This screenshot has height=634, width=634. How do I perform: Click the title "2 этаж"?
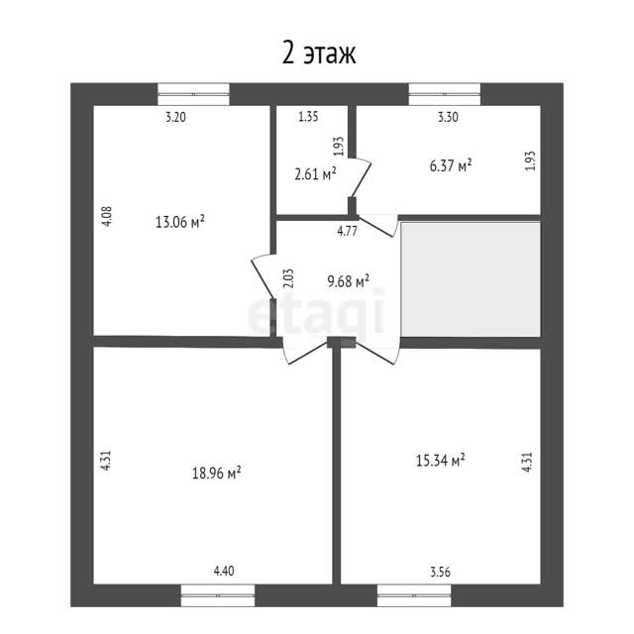point(319,53)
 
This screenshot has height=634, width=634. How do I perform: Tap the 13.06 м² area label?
point(180,222)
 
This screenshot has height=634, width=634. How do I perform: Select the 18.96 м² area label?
point(216,473)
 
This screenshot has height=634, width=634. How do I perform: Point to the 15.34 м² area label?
point(440,460)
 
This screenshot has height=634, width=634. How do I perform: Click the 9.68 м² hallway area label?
point(348,281)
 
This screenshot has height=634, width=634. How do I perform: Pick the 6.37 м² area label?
point(451,165)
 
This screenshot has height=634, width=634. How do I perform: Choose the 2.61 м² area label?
point(315,174)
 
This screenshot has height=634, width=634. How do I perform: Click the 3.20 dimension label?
point(176,117)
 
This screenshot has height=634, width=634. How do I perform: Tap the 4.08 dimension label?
point(106,216)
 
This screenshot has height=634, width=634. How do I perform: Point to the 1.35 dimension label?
point(308,117)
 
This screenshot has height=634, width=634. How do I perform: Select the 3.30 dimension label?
point(448,117)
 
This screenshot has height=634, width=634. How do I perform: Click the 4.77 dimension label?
point(348,231)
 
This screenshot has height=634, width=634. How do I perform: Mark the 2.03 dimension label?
point(288,278)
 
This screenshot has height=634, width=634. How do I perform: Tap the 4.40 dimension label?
point(224,571)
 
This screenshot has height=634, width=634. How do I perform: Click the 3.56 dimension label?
point(440,573)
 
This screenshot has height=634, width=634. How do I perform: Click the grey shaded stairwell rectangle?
point(471,279)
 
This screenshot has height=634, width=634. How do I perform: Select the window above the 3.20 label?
point(194,94)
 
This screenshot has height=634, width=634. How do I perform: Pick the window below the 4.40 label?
point(218,595)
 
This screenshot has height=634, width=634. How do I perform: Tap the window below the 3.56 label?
point(414,595)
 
